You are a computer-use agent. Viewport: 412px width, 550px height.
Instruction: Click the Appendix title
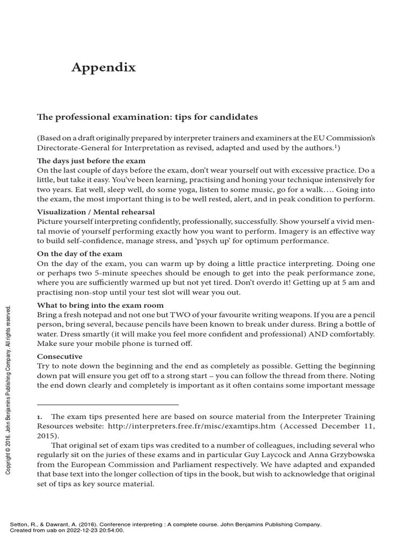tap(104, 68)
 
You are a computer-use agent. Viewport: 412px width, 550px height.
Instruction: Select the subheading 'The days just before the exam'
tap(91, 161)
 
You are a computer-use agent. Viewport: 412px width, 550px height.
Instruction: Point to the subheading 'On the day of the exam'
tap(79, 254)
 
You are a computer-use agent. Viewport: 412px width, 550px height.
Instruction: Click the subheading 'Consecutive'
tap(60, 357)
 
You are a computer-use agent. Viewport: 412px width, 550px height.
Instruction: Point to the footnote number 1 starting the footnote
tap(39, 416)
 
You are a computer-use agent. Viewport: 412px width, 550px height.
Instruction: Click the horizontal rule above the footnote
tap(107, 404)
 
